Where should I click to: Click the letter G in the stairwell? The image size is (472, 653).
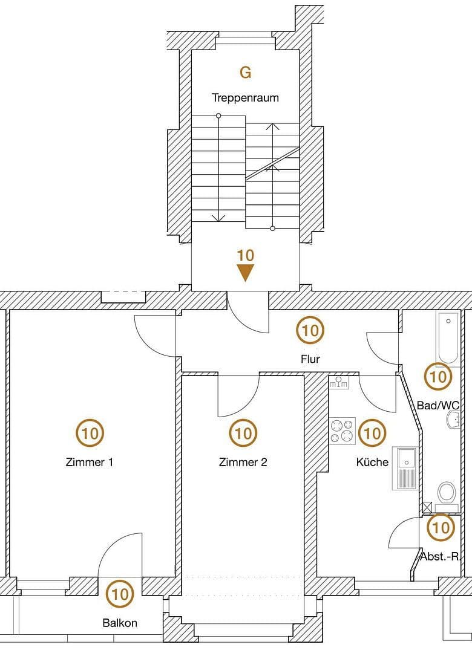pos(245,73)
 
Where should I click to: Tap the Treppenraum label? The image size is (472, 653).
pos(245,97)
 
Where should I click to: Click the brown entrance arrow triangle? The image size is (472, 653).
pos(245,273)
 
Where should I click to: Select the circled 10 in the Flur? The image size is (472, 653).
pos(310,330)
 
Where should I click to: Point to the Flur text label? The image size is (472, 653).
pos(310,359)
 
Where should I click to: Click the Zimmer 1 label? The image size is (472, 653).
pos(90,463)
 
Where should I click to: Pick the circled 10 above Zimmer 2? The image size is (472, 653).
pos(243,433)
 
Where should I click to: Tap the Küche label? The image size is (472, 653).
pos(372,463)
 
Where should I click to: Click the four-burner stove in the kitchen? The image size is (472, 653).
pos(343,430)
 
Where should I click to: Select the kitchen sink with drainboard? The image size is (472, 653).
pos(405,468)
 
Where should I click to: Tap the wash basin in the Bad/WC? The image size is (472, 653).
pos(452,418)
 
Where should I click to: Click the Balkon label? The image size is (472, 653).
pos(120,623)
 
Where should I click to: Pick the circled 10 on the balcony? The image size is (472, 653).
pos(120,594)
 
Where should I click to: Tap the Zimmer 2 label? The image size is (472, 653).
pos(243,463)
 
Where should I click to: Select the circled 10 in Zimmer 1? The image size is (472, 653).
pos(90,433)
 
